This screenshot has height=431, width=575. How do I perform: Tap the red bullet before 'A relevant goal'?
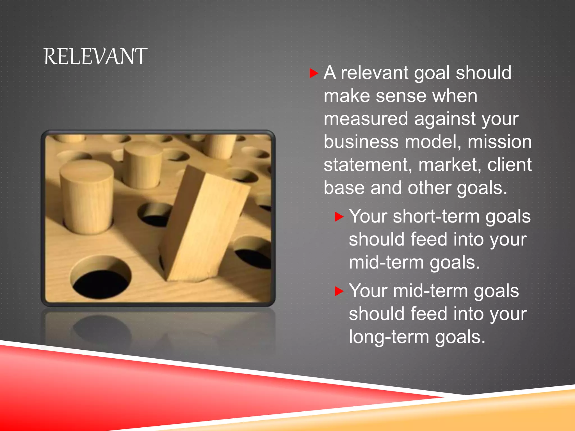(313, 73)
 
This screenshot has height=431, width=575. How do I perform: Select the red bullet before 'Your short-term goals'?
(339, 217)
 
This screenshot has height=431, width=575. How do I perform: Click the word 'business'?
(361, 142)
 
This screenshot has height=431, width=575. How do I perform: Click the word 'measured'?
(366, 119)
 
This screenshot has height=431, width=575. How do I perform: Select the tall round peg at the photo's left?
(87, 196)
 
